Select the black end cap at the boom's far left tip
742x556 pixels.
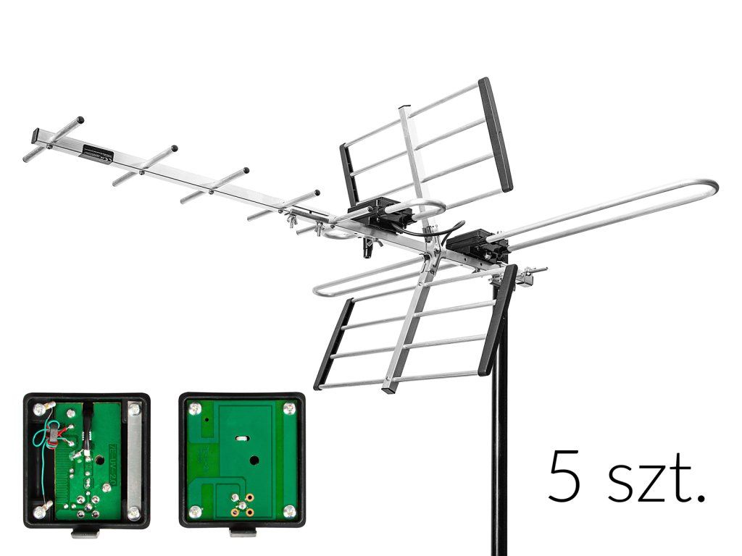tap(36, 135)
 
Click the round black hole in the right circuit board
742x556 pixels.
tap(254, 460)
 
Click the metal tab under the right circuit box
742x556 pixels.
tap(241, 534)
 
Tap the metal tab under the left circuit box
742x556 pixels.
tap(86, 534)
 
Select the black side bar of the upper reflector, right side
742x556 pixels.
tap(496, 134)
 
